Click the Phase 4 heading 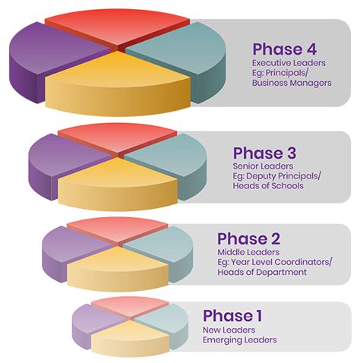[x=284, y=49]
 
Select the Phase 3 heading [x=264, y=153]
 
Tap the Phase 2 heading [x=249, y=238]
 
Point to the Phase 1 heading [x=232, y=316]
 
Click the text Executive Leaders [x=289, y=63]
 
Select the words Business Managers [x=292, y=83]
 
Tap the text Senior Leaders [x=263, y=166]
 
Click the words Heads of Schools [x=268, y=185]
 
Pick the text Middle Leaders [x=248, y=252]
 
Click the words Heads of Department [x=262, y=272]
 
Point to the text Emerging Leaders [x=240, y=339]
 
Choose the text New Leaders [x=229, y=330]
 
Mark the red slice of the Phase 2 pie [x=118, y=229]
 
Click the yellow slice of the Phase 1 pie [x=130, y=338]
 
